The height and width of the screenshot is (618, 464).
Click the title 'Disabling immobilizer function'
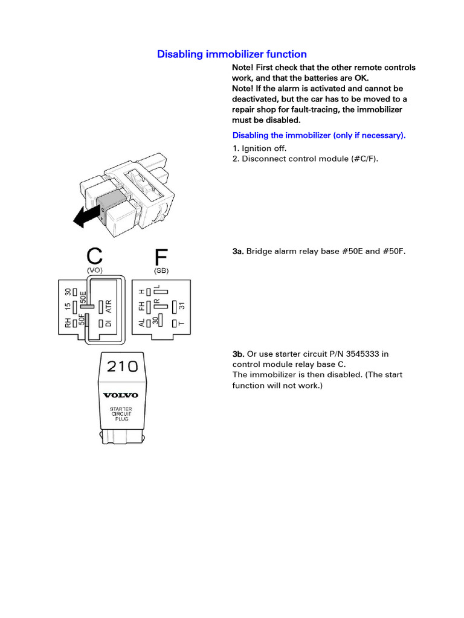tap(232, 54)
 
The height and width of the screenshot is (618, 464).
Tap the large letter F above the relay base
tap(161, 257)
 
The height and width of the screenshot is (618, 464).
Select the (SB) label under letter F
tap(161, 271)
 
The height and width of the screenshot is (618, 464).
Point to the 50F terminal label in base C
tap(82, 319)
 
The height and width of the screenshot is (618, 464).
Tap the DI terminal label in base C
tap(109, 323)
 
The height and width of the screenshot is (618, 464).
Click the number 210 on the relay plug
tap(122, 366)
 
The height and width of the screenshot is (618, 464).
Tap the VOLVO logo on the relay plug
tap(121, 395)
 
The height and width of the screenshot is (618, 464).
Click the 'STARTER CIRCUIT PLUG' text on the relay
tap(121, 413)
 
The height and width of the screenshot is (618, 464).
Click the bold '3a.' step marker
tap(238, 250)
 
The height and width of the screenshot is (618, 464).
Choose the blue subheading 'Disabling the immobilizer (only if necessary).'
tap(319, 135)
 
